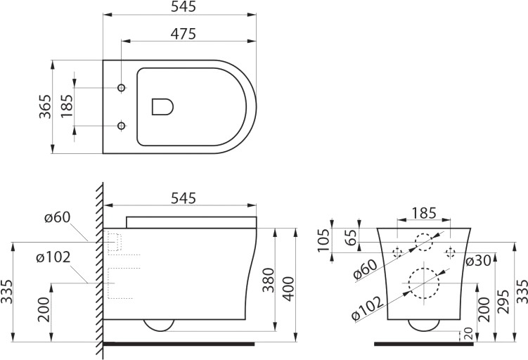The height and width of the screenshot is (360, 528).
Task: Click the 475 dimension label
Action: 183,34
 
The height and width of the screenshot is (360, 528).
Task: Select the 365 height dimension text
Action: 45,107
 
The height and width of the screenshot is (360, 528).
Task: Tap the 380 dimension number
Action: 269,280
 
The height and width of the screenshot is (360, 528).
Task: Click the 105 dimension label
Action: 324,240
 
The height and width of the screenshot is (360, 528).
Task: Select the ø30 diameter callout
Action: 478,261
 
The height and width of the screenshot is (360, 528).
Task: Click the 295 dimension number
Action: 503,302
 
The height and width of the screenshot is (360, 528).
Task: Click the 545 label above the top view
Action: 183,7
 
